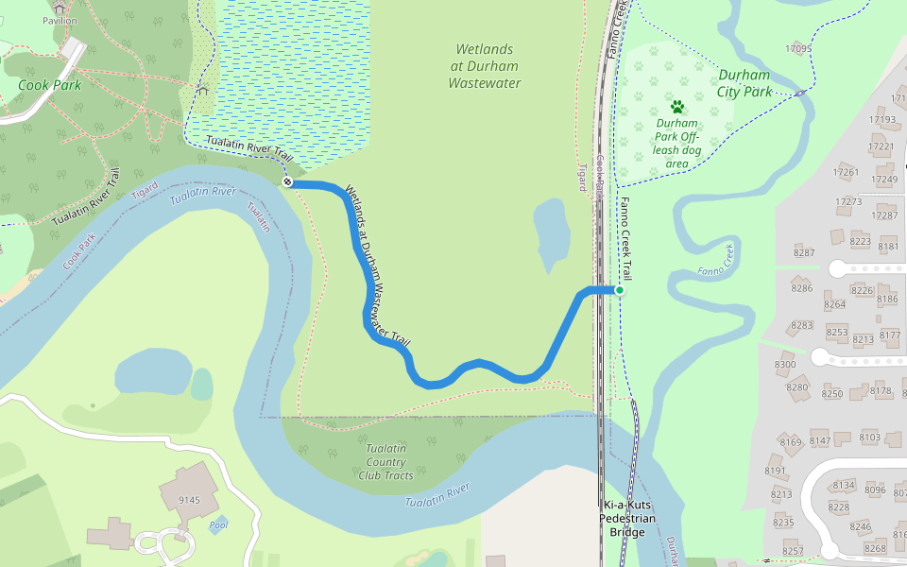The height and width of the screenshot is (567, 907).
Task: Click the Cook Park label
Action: [49, 85]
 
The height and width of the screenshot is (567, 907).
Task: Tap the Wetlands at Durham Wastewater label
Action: [485, 66]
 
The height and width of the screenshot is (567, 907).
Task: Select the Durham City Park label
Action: [744, 83]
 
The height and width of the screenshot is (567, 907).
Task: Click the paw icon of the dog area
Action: [676, 107]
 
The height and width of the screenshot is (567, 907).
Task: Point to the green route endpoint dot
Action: [620, 290]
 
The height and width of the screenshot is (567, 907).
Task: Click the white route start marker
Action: [286, 181]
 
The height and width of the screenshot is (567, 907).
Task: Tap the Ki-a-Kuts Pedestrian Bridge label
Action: [627, 518]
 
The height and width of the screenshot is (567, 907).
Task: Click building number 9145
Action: [189, 501]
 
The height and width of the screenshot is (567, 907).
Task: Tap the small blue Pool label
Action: [219, 524]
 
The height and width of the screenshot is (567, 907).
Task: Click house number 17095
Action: [798, 49]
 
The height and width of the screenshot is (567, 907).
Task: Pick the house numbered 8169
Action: [791, 442]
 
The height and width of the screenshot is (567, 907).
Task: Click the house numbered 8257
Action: [793, 551]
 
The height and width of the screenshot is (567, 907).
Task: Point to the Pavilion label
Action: [60, 21]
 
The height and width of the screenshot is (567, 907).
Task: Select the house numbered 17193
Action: [883, 120]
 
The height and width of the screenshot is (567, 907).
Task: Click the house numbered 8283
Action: [801, 325]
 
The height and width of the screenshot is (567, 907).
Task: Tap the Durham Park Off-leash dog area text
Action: [676, 143]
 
